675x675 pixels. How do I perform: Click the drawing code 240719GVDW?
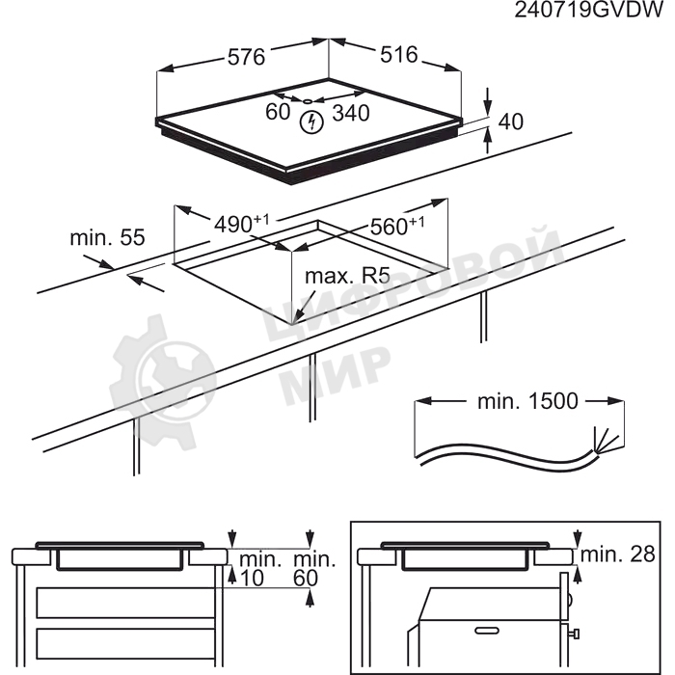click(589, 10)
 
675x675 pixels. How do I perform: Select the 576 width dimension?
click(246, 57)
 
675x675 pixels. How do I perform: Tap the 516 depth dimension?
click(399, 55)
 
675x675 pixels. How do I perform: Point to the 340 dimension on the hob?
click(351, 113)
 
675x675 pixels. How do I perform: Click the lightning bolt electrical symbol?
click(311, 122)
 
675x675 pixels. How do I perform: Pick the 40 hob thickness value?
click(510, 121)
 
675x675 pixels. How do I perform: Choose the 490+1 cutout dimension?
click(242, 223)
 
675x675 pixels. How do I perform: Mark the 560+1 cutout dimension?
click(397, 226)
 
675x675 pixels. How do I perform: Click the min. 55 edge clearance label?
click(108, 237)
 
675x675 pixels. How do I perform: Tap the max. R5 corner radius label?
click(347, 276)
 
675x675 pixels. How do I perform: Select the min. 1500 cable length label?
click(527, 401)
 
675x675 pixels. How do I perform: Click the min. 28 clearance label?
click(618, 554)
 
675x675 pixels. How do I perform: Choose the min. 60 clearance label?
click(313, 569)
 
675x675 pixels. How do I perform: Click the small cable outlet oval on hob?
click(308, 101)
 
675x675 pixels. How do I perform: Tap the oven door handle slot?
click(487, 631)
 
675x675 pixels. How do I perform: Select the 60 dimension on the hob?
click(278, 112)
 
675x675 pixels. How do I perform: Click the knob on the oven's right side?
click(575, 634)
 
